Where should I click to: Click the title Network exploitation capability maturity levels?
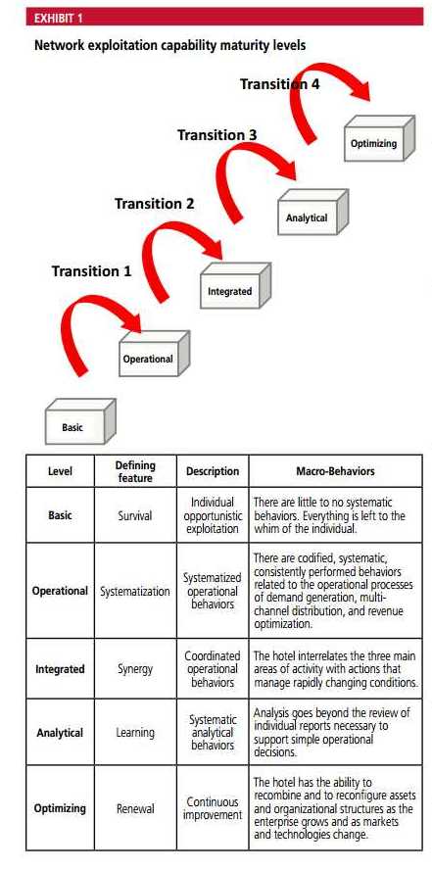coord(170,45)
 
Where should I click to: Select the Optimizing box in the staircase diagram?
coord(379,138)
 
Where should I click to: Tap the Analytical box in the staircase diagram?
coord(312,213)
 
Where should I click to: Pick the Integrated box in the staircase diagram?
coord(235,286)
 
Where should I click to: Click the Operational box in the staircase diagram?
coord(155,354)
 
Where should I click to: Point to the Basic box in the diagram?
coord(80,421)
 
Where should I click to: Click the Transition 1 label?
coord(91,271)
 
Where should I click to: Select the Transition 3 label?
coord(216,134)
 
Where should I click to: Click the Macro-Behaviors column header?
coord(335,471)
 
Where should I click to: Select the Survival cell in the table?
coord(134,515)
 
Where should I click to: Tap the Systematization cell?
coord(135,591)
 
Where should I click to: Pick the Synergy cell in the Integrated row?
coord(135,669)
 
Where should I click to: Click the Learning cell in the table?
coord(135,732)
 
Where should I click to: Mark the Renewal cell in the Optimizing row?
coord(135,808)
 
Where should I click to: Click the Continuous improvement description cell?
coord(213,808)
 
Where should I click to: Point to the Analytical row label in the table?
coord(60,732)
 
